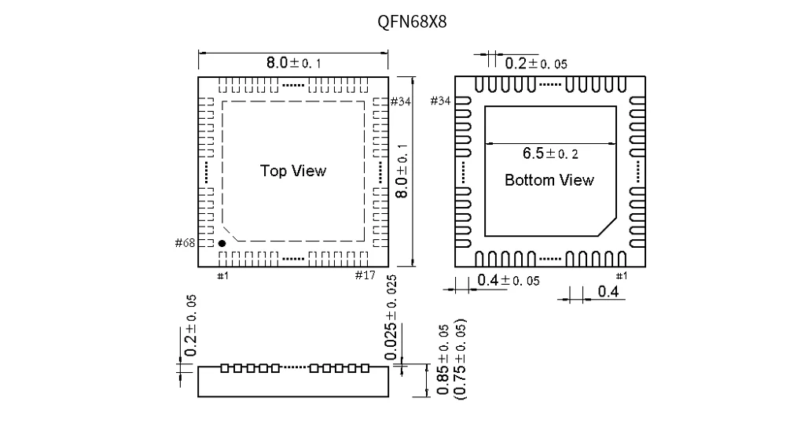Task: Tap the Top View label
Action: click(292, 171)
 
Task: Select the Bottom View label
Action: click(549, 180)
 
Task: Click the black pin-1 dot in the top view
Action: click(222, 244)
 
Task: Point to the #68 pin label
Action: click(185, 243)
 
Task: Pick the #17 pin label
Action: click(365, 275)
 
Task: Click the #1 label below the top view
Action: click(222, 275)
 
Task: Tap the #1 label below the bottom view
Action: click(621, 275)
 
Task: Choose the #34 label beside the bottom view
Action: click(441, 101)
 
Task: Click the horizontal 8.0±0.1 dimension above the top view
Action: click(293, 63)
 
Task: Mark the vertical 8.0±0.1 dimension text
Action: click(402, 171)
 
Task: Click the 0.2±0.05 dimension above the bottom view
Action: click(535, 64)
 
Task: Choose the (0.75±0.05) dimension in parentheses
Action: click(461, 359)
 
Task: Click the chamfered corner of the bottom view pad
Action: click(605, 227)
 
